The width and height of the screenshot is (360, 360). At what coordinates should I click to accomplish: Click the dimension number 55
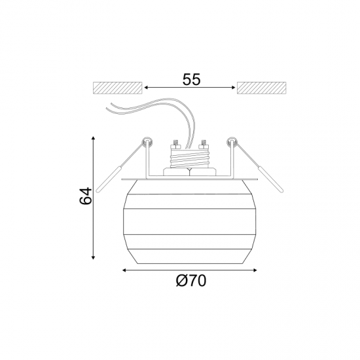click(192, 79)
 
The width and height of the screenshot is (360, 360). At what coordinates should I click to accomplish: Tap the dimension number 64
click(85, 196)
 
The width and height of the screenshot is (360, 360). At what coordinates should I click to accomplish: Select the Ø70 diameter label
click(191, 281)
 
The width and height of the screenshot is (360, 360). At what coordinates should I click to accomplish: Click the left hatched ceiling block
click(117, 88)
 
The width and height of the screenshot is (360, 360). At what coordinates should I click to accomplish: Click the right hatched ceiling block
click(262, 88)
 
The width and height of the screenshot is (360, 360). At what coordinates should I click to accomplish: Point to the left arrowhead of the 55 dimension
click(146, 88)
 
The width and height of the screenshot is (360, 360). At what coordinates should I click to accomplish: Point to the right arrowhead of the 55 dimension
click(234, 88)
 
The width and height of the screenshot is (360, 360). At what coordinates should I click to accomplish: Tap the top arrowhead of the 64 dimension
click(93, 137)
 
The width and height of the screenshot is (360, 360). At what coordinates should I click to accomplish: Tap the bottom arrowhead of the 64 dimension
click(93, 257)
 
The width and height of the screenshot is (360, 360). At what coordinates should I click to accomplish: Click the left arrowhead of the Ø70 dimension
click(124, 270)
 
